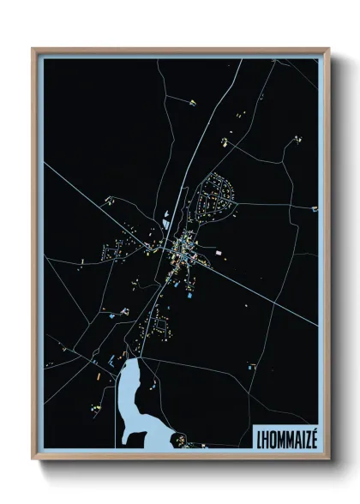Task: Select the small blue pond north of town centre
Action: tap(165, 225)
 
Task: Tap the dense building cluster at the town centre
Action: tap(183, 249)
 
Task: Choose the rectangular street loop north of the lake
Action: tap(158, 326)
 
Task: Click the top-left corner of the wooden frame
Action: tap(33, 49)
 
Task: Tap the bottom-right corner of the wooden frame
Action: tap(328, 459)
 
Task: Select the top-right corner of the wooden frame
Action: tap(328, 49)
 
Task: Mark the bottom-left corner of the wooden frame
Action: tap(33, 459)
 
